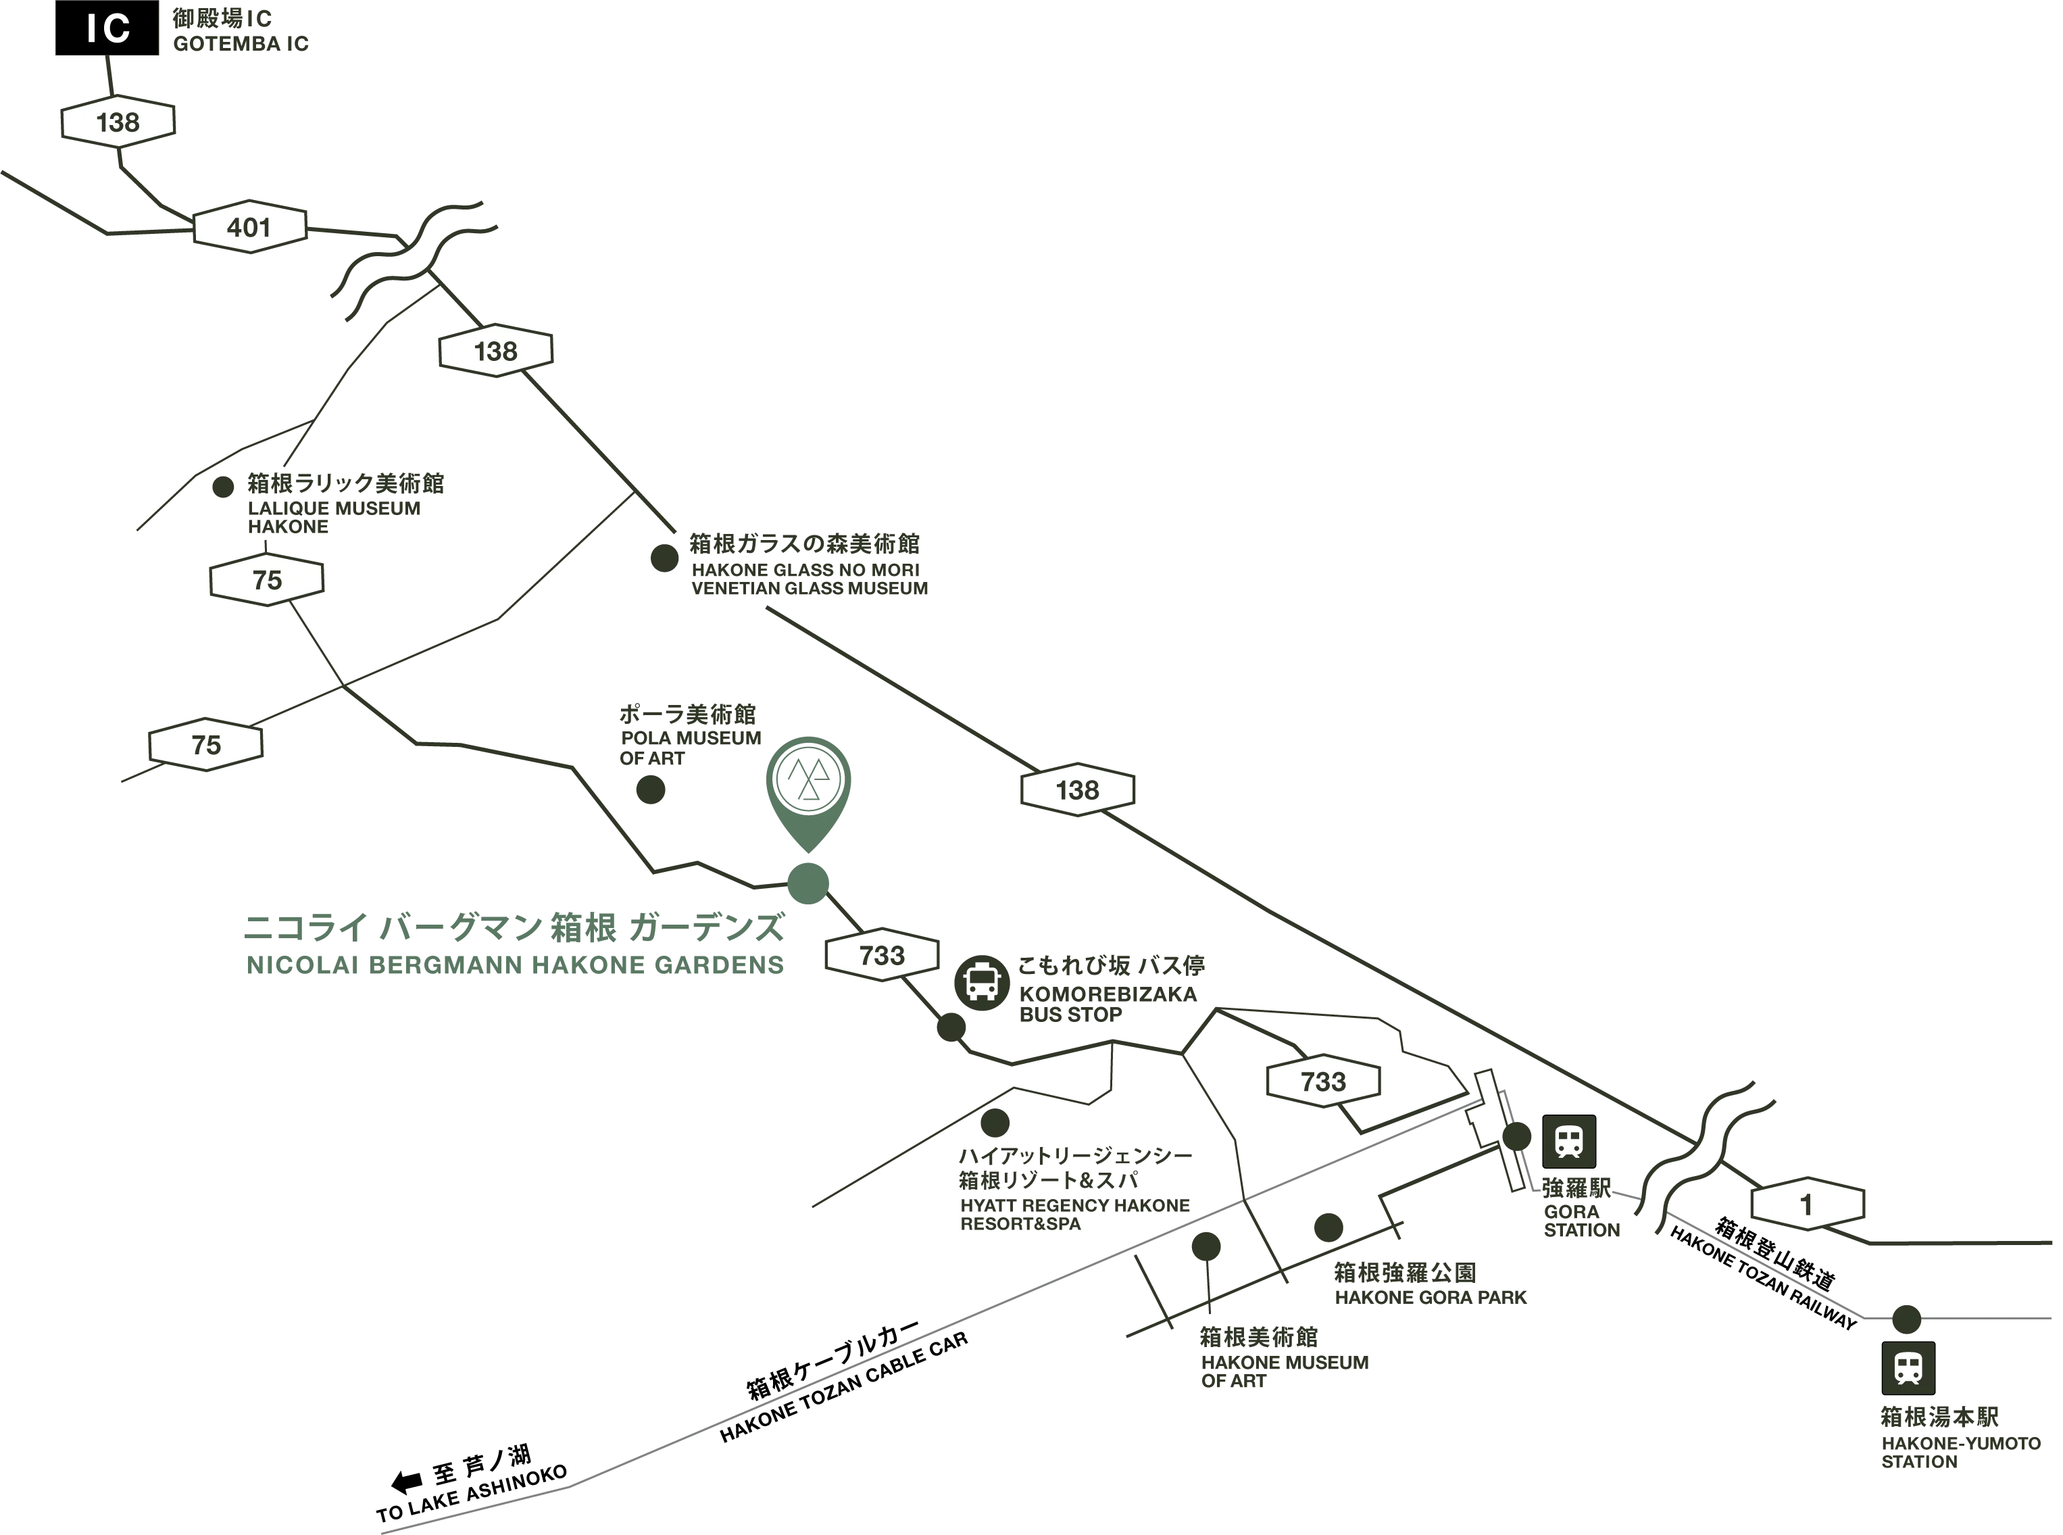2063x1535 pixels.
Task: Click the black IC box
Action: pyautogui.click(x=107, y=29)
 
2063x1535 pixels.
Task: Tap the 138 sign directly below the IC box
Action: pyautogui.click(x=117, y=122)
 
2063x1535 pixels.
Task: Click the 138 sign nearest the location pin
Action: pyautogui.click(x=1078, y=789)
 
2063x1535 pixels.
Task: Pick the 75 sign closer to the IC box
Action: pyautogui.click(x=267, y=580)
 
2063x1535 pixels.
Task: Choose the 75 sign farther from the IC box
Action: pyautogui.click(x=205, y=744)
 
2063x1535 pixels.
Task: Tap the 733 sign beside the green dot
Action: pyautogui.click(x=882, y=955)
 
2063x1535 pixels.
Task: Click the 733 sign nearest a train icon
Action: pyautogui.click(x=1322, y=1081)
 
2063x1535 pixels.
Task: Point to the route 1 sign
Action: pyautogui.click(x=1807, y=1204)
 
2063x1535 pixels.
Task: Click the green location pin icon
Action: pyautogui.click(x=808, y=785)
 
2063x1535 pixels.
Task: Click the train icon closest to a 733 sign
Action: pyautogui.click(x=1569, y=1141)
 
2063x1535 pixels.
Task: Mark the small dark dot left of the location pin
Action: pyautogui.click(x=650, y=789)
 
